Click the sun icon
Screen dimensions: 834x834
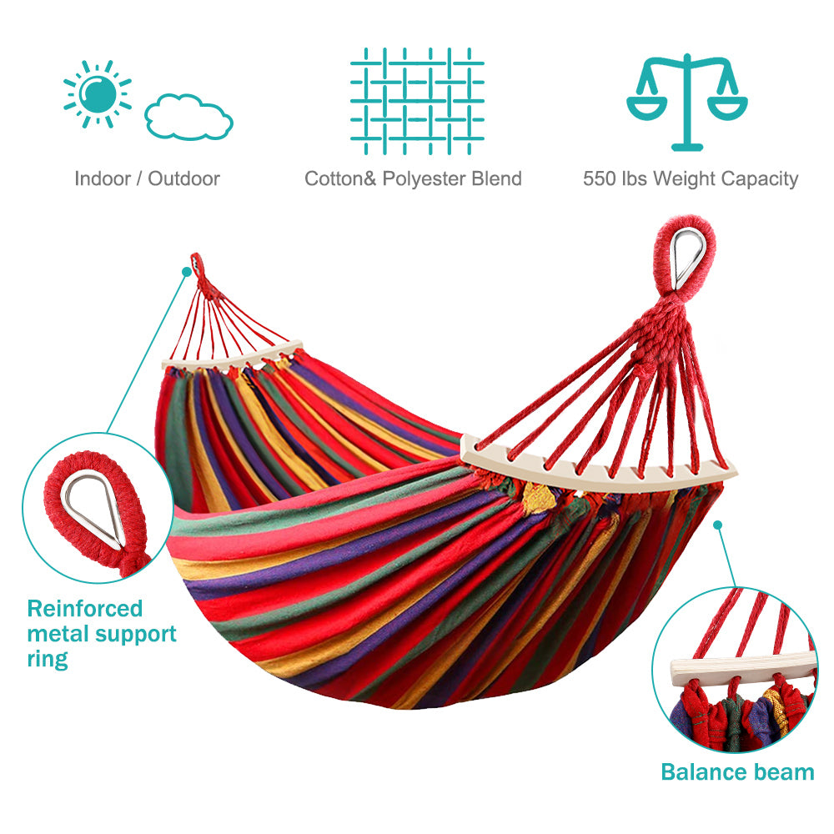(98, 94)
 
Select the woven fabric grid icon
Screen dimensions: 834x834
(417, 101)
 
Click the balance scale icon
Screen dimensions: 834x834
(687, 101)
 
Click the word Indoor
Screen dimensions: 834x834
(102, 178)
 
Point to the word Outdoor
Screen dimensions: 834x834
(183, 178)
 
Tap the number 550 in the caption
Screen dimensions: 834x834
(599, 178)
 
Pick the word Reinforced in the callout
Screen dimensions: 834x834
(85, 609)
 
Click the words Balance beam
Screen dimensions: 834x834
(738, 771)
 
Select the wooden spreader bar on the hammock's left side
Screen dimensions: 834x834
(232, 356)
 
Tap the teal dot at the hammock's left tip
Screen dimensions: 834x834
(187, 272)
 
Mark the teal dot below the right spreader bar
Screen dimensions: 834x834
(718, 525)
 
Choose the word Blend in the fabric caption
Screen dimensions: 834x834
(497, 178)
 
